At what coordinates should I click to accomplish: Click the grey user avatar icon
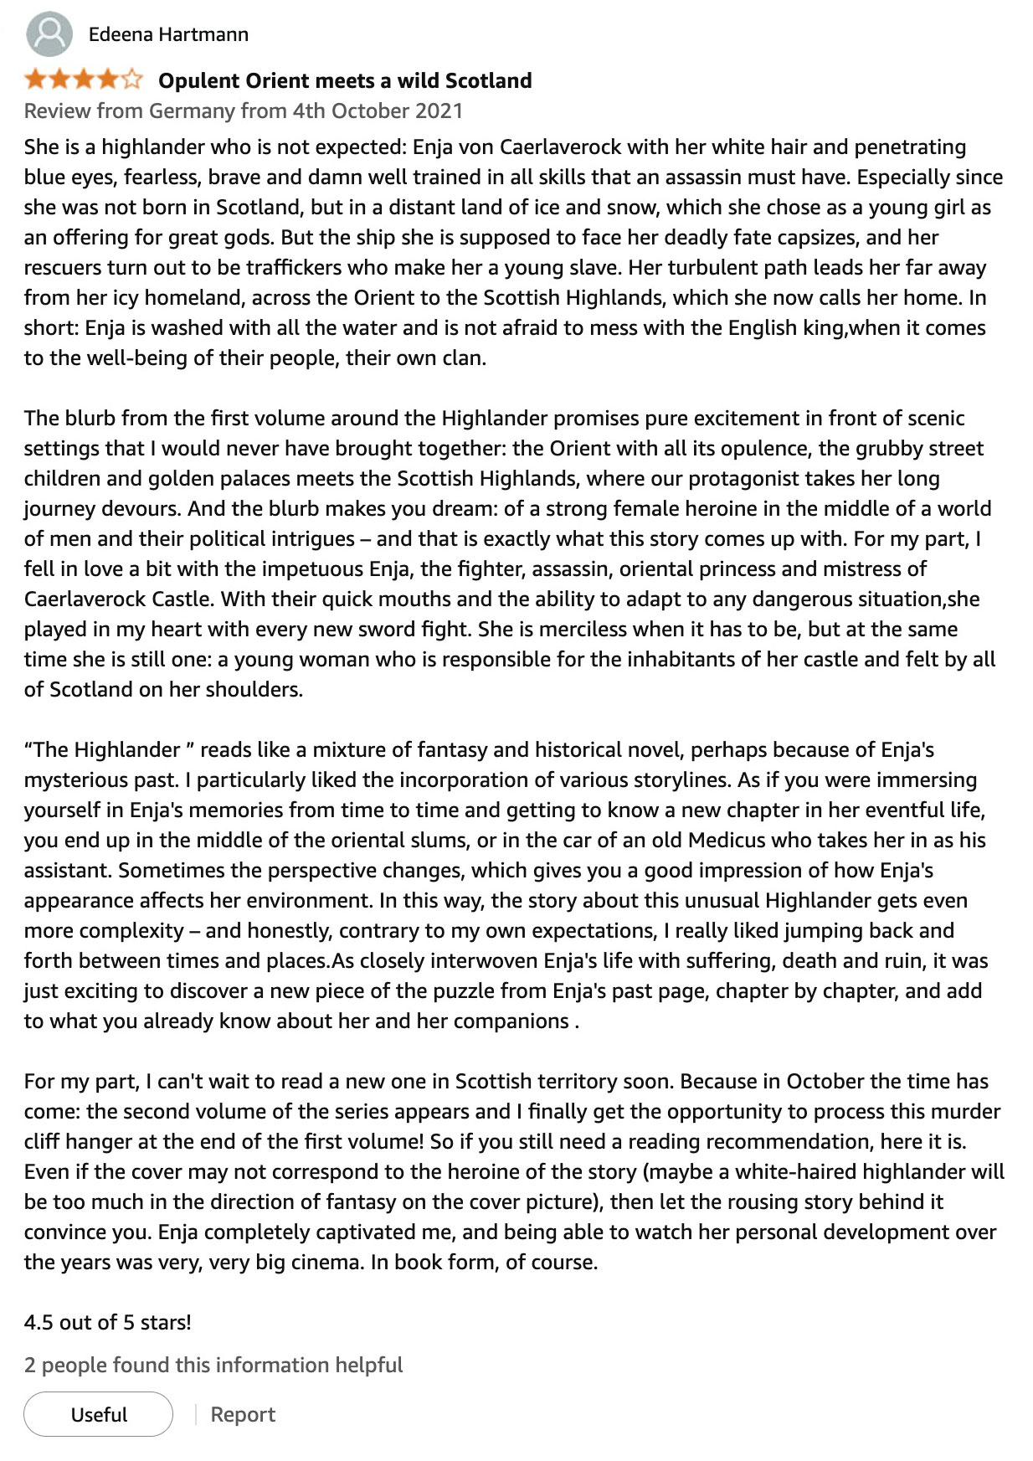[x=49, y=34]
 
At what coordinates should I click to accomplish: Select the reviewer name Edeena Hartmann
[x=168, y=34]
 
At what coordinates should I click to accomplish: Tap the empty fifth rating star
[x=132, y=80]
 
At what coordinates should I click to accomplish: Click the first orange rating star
[x=35, y=80]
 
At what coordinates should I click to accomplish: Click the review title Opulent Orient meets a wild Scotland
[x=345, y=80]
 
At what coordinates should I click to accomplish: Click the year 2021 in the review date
[x=438, y=111]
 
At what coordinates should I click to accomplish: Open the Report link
[x=243, y=1414]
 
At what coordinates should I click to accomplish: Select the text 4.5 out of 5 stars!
[x=108, y=1322]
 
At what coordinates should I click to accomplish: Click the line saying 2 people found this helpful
[x=213, y=1365]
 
